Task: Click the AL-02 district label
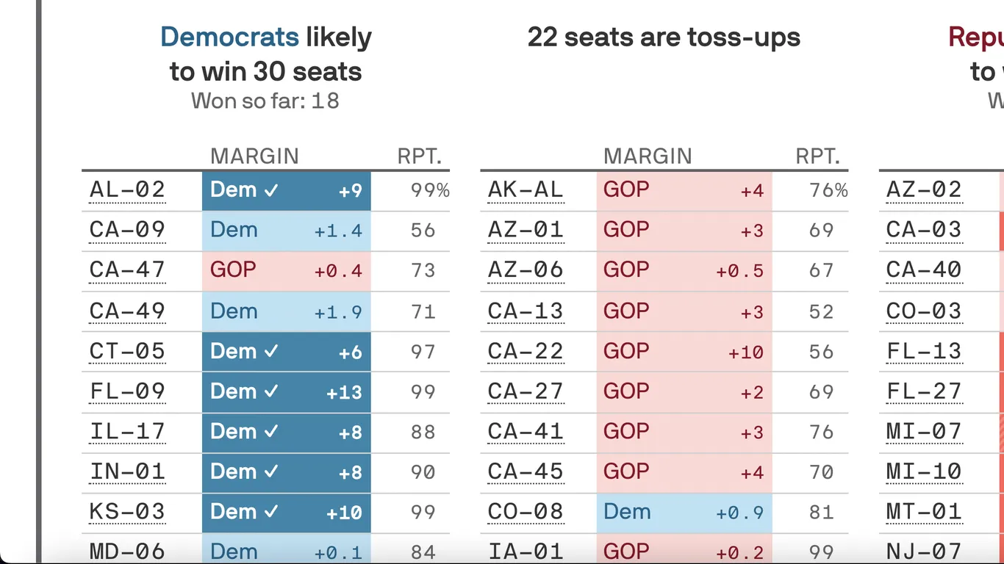point(127,190)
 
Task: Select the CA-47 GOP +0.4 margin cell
point(286,271)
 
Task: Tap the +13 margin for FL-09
point(344,392)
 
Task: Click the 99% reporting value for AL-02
point(429,191)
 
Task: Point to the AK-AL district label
point(525,190)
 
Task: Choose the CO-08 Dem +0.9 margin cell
point(684,512)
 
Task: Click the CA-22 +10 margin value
point(745,352)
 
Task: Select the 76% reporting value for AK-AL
point(828,191)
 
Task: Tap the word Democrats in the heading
point(229,37)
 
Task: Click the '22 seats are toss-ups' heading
point(663,37)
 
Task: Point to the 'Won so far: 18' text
point(265,101)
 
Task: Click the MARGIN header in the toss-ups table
point(647,156)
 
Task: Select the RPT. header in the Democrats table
point(419,156)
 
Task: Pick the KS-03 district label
point(127,512)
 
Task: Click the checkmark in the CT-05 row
point(271,352)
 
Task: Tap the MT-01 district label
point(923,512)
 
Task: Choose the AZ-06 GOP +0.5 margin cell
point(684,271)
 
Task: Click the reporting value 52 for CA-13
point(821,311)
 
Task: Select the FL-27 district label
point(923,391)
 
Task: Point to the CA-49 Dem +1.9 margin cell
point(286,311)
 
